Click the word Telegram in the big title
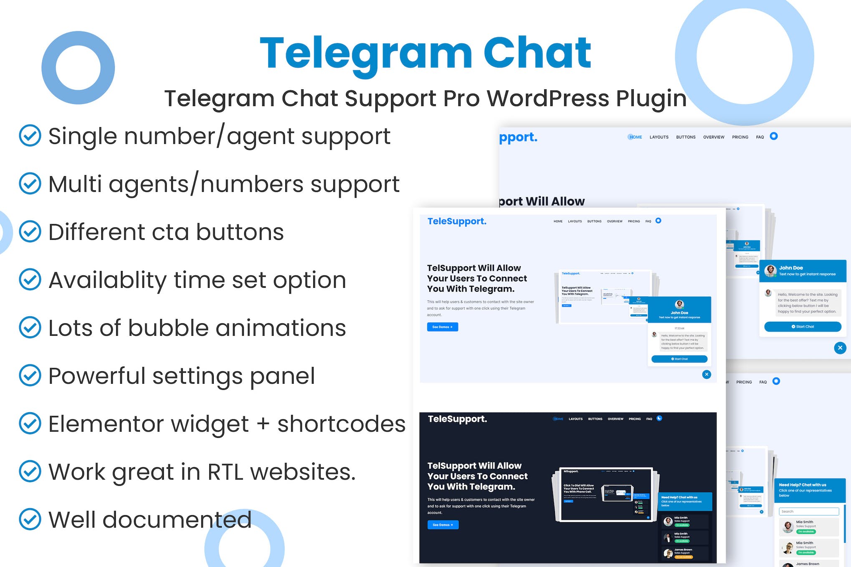pyautogui.click(x=366, y=53)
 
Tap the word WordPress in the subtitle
pyautogui.click(x=548, y=98)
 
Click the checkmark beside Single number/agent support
pyautogui.click(x=30, y=136)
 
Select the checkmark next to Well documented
pyautogui.click(x=30, y=519)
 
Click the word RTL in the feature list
pyautogui.click(x=225, y=472)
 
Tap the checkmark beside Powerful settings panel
pyautogui.click(x=30, y=375)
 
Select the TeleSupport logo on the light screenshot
pyautogui.click(x=457, y=221)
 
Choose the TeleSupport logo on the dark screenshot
pyautogui.click(x=457, y=419)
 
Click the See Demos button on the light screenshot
pyautogui.click(x=442, y=327)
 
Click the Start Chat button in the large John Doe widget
pyautogui.click(x=803, y=327)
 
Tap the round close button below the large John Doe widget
pyautogui.click(x=840, y=348)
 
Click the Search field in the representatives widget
pyautogui.click(x=808, y=512)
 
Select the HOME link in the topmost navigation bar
pyautogui.click(x=636, y=137)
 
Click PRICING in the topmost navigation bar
pyautogui.click(x=740, y=137)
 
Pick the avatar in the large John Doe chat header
pyautogui.click(x=770, y=270)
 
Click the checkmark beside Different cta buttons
pyautogui.click(x=30, y=232)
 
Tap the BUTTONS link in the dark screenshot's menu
pyautogui.click(x=595, y=419)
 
